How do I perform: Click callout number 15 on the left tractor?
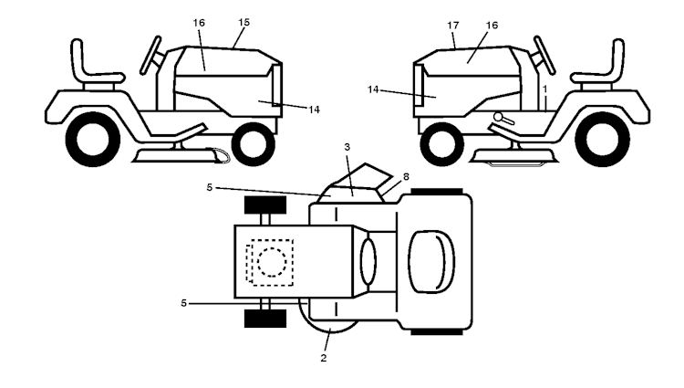tap(244, 22)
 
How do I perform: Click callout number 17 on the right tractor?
tap(453, 26)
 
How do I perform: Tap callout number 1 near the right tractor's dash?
tap(544, 89)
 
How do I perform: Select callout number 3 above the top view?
tap(347, 147)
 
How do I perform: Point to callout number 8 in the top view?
tap(407, 177)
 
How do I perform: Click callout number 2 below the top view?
tap(323, 358)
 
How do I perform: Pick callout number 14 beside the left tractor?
tap(314, 110)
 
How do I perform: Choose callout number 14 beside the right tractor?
tap(373, 89)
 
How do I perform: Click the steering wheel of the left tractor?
tap(150, 56)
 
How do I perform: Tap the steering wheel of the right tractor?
tap(544, 56)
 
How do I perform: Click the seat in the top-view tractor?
tap(431, 261)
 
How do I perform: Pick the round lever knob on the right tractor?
tap(498, 117)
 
